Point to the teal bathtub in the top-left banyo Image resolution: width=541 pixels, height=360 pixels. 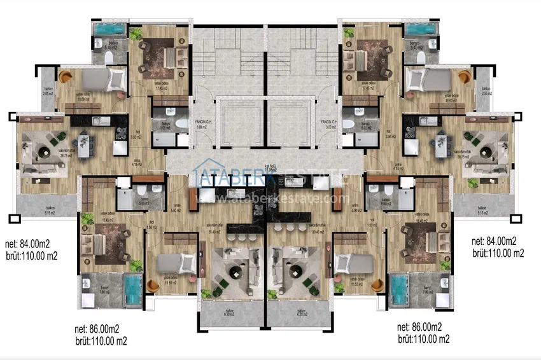tap(109, 31)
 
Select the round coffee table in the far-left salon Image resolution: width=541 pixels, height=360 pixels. tap(44, 151)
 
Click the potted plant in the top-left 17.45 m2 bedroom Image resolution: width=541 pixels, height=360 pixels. tap(136, 35)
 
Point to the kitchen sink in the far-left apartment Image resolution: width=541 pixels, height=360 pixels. tap(97, 121)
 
